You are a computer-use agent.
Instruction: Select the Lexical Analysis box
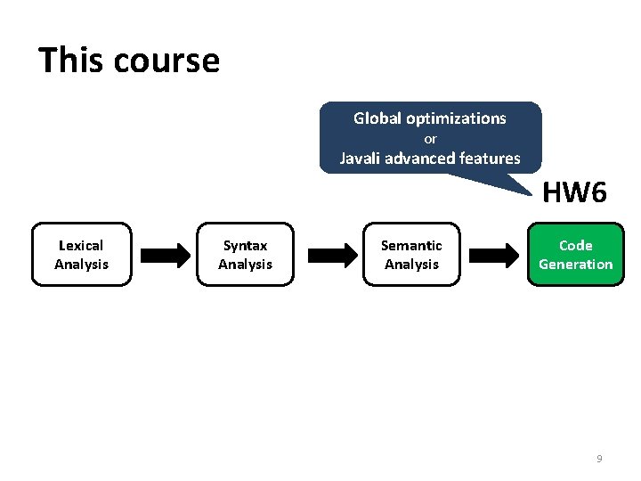tap(81, 255)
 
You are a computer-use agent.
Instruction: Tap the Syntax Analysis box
tap(245, 255)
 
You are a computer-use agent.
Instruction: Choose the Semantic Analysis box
tap(411, 255)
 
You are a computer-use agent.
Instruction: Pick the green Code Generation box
tap(575, 255)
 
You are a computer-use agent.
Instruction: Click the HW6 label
tap(575, 192)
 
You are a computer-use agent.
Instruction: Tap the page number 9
tap(599, 459)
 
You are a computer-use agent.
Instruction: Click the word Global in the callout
tap(377, 118)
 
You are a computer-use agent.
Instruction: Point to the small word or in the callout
tap(430, 139)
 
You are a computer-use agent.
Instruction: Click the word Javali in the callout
tap(360, 159)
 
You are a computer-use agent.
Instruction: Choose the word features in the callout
tap(489, 159)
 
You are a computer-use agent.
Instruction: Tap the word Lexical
tap(81, 245)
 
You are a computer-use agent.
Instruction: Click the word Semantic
tap(411, 245)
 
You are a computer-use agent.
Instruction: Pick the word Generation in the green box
tap(575, 264)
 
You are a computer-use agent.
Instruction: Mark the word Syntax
tap(245, 245)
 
